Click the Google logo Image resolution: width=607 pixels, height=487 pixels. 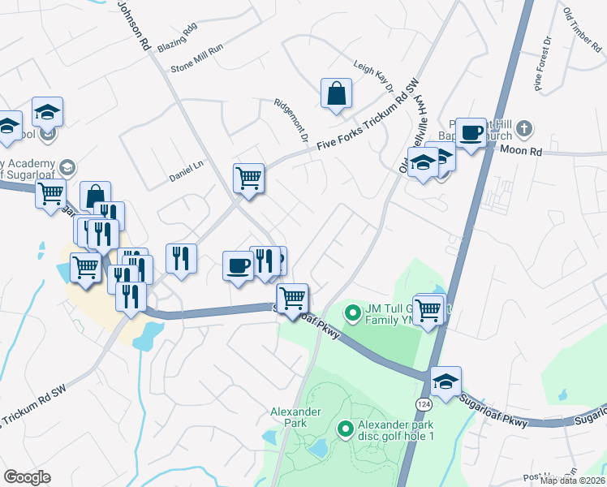tap(28, 477)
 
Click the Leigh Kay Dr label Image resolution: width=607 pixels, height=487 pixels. tap(373, 76)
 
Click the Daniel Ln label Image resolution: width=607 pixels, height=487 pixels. tap(185, 171)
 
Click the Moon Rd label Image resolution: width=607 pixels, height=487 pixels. tap(521, 150)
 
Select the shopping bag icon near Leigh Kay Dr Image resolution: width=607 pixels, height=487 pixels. tap(336, 93)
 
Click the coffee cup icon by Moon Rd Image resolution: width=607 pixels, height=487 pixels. tap(471, 132)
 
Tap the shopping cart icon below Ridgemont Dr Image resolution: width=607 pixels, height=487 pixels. tap(248, 178)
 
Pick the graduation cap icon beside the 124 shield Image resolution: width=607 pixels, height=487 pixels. tap(446, 381)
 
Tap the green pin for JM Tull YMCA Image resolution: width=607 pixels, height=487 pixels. tap(352, 312)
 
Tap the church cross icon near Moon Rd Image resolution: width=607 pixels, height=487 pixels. tap(524, 127)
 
